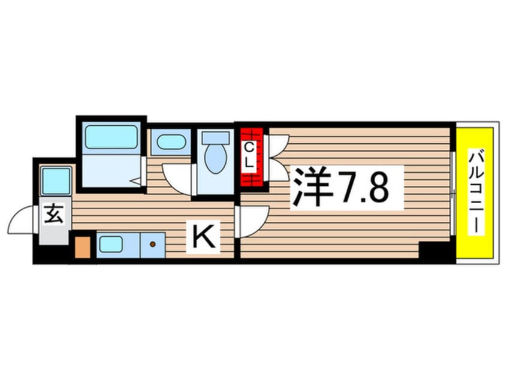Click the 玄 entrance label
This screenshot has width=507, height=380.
54,214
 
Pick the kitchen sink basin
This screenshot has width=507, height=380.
111,244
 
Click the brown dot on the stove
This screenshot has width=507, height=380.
153,244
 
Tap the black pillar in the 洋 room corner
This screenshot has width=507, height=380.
434,251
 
